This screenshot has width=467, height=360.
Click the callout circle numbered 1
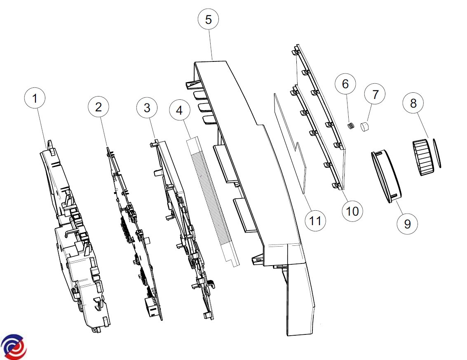click(x=35, y=98)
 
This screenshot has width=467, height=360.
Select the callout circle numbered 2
click(x=99, y=107)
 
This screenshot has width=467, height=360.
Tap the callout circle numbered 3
click(x=147, y=108)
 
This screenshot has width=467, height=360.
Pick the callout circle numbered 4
click(x=180, y=110)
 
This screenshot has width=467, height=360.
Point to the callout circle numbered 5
click(x=209, y=19)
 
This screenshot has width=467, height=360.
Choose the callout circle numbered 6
click(x=345, y=84)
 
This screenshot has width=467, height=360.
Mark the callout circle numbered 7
click(x=375, y=94)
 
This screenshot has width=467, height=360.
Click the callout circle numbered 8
click(x=413, y=103)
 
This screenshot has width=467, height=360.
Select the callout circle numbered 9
click(x=407, y=224)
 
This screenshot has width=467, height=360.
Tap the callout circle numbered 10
click(x=352, y=211)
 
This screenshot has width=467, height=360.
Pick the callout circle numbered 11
click(x=316, y=221)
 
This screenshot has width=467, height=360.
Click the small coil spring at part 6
click(x=352, y=125)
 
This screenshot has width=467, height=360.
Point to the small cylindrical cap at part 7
click(x=365, y=127)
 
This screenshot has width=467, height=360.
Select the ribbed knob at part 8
click(x=423, y=157)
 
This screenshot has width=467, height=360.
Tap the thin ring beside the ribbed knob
click(x=437, y=153)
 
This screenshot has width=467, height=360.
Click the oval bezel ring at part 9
click(x=386, y=176)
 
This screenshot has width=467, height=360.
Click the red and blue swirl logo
click(x=14, y=346)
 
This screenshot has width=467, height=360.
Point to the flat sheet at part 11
click(x=289, y=144)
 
